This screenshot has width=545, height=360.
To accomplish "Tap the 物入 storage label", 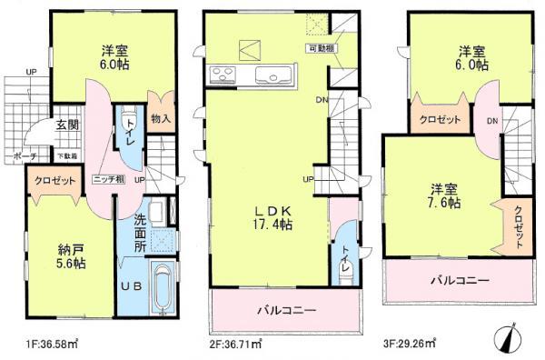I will click(x=160, y=119).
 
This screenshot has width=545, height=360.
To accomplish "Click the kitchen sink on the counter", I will click(x=271, y=75).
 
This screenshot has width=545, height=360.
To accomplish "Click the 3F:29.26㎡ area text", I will click(x=403, y=343).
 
